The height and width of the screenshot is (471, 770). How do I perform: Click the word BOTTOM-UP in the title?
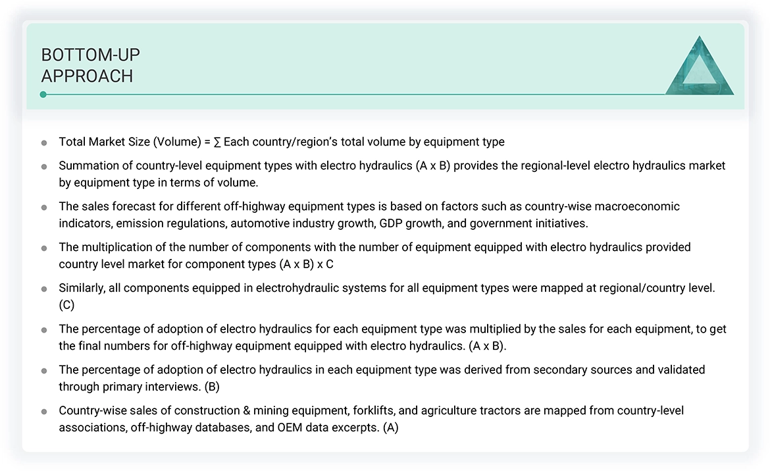pos(90,55)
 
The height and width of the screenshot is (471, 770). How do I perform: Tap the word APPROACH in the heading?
pos(87,76)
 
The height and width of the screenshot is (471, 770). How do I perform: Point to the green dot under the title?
pos(43,94)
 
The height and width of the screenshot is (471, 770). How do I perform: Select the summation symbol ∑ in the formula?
pos(217,142)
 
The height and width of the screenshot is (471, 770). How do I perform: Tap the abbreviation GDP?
pos(392,223)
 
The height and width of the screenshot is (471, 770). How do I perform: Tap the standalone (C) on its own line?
pos(66,305)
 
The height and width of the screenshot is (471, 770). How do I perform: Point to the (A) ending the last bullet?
pos(391,428)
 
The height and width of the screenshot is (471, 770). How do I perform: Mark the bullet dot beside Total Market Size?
pos(44,142)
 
